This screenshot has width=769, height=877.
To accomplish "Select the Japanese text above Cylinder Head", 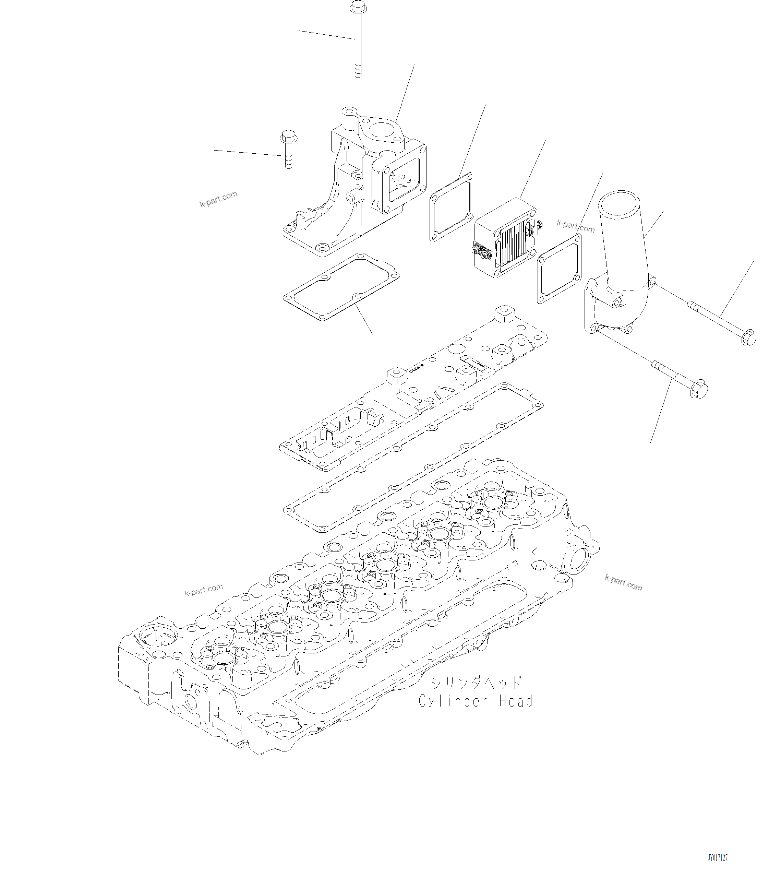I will pos(476,682).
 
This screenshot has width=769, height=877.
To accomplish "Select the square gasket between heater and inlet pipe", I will pos(559,269).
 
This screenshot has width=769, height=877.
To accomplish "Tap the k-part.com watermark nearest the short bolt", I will pos(218,199).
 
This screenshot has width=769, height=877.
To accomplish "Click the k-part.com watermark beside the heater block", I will pos(576,226).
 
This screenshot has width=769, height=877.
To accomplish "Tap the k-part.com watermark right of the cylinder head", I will pos(623,583).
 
